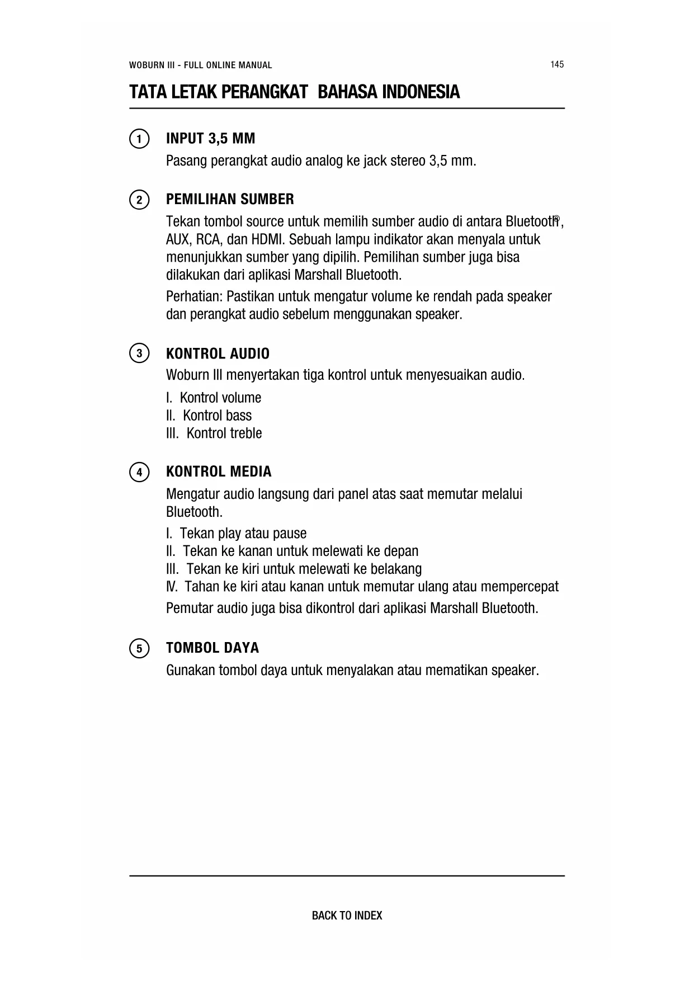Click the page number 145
[556, 64]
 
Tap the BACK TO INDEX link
[347, 916]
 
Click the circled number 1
[139, 139]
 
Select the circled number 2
[139, 200]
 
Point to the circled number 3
[139, 353]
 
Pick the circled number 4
[139, 472]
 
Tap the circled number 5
[139, 648]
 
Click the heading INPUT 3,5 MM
[210, 139]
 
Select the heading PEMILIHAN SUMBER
[230, 200]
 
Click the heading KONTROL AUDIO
[218, 353]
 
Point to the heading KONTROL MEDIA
[219, 472]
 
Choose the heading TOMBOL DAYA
[213, 648]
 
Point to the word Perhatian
[194, 296]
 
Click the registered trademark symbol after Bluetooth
[556, 219]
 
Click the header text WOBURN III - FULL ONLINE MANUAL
[200, 65]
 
